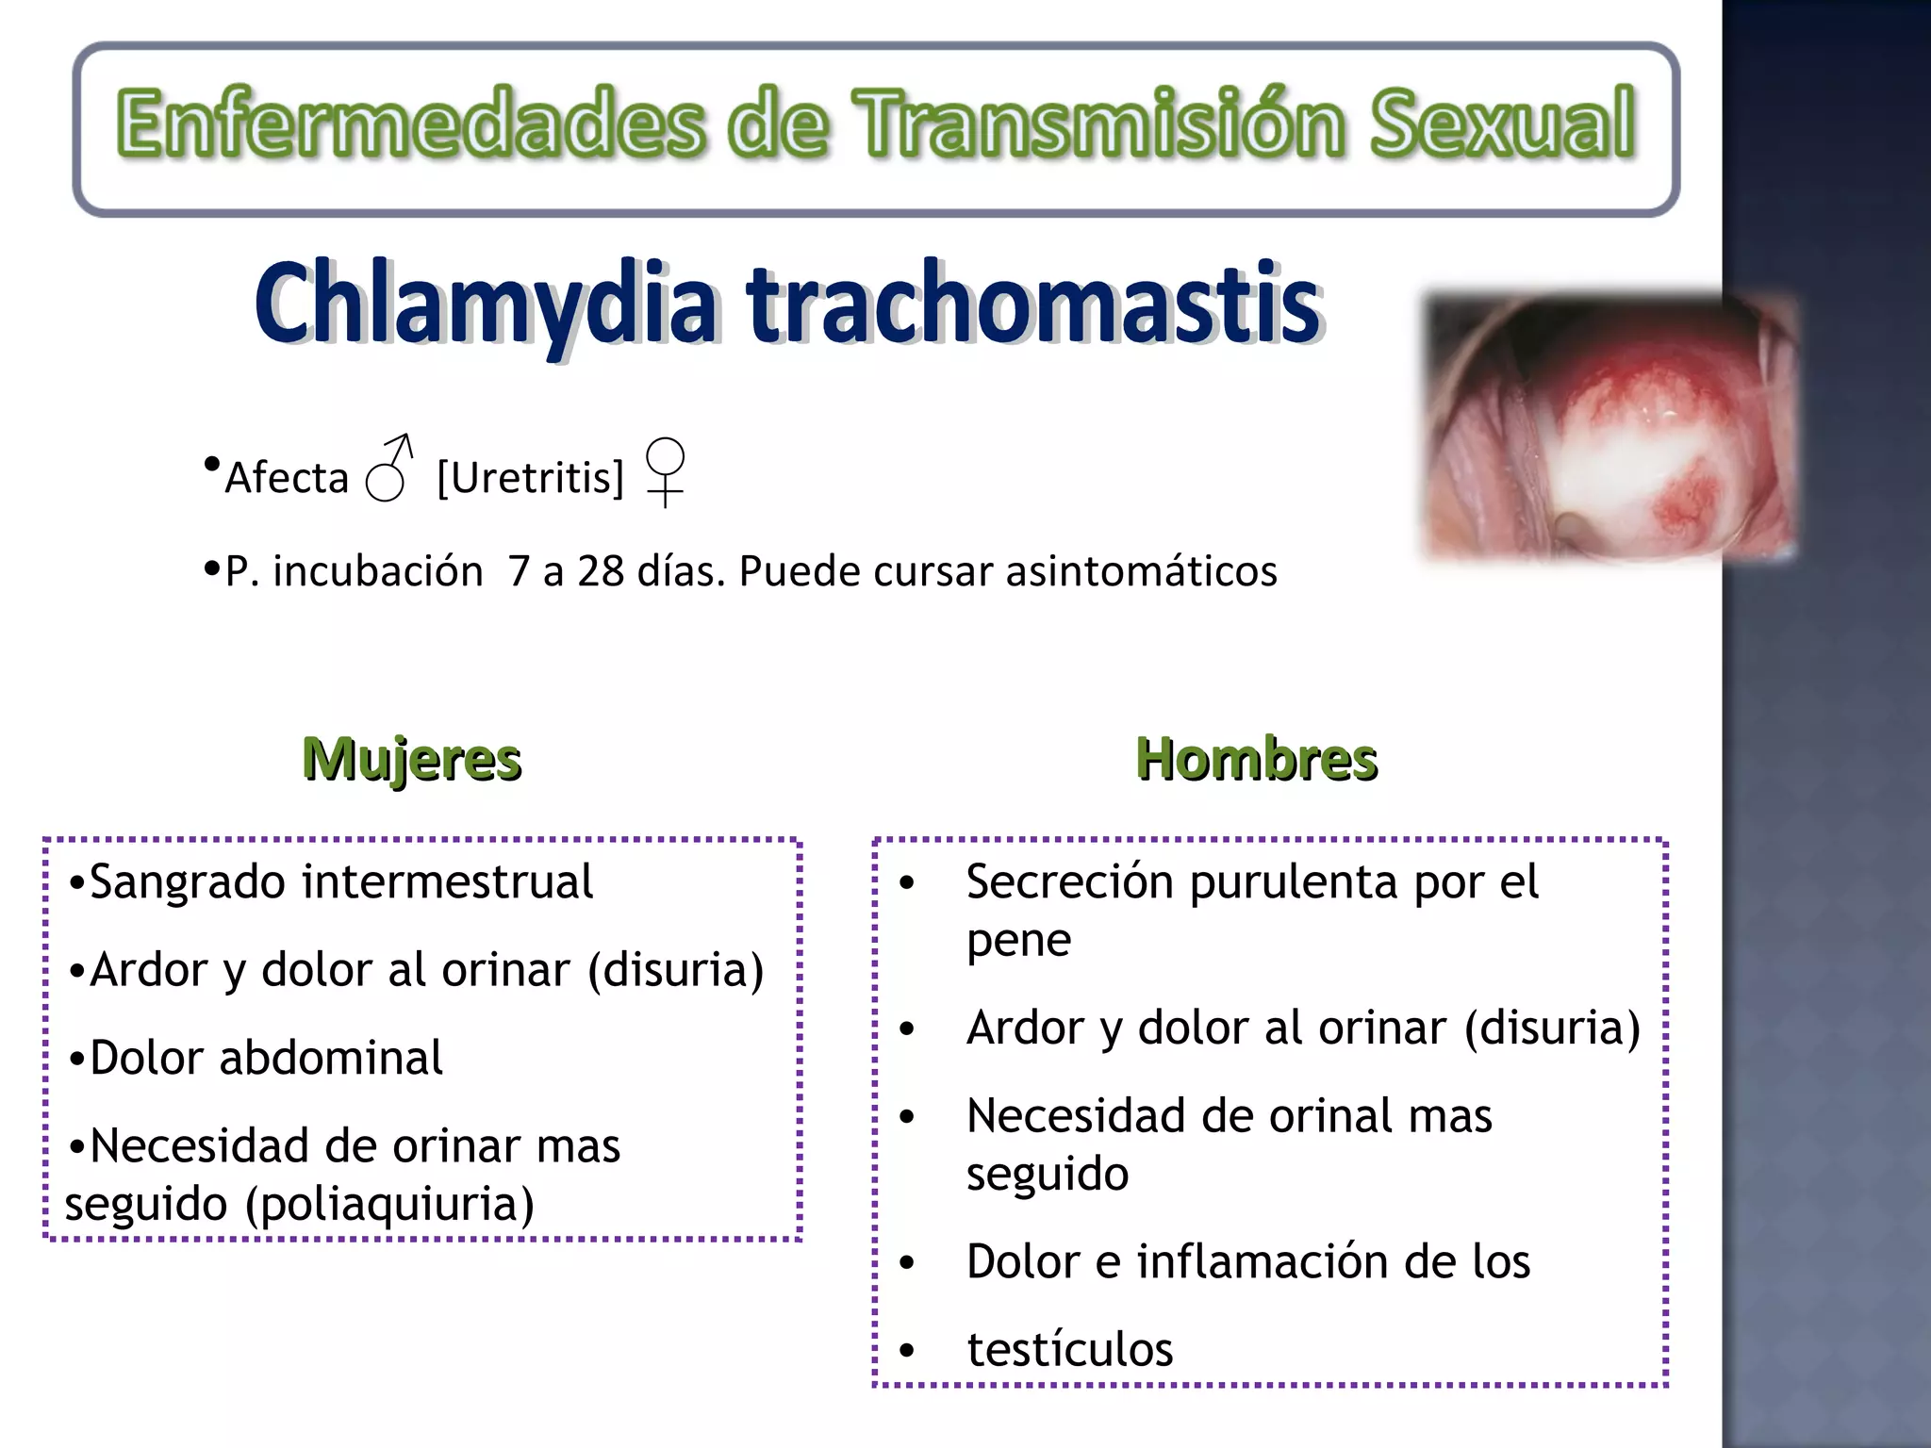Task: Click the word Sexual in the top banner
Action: click(1501, 124)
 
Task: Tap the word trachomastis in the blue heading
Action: click(1034, 304)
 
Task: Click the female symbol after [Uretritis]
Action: click(665, 470)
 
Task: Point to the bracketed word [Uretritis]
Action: click(531, 478)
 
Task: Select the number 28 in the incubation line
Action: click(601, 571)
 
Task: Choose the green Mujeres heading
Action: click(412, 760)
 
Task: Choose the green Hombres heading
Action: click(1256, 760)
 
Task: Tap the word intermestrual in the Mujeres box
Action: click(448, 882)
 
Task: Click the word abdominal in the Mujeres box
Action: click(331, 1058)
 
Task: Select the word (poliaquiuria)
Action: click(389, 1205)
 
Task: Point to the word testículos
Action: click(1070, 1350)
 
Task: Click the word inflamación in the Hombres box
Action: click(1263, 1262)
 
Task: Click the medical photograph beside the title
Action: click(1608, 429)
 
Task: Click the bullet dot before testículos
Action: click(907, 1351)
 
